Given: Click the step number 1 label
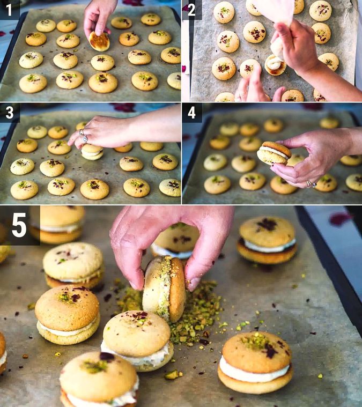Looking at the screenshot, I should coord(10,9).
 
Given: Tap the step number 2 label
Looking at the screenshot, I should coord(192,9).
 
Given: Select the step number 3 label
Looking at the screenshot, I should coord(10,113).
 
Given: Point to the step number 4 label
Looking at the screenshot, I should coord(192,113).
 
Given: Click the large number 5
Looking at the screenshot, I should coord(19,225).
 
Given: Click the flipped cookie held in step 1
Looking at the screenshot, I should coord(99,41).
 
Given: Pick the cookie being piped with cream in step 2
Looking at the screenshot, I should coord(275,65).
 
